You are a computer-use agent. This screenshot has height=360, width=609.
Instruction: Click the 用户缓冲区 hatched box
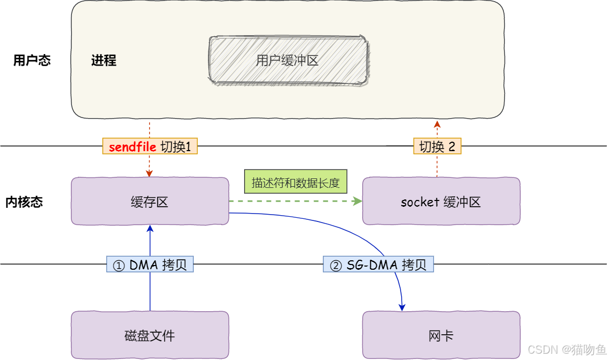(288, 60)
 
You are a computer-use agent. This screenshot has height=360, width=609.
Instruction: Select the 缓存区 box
(150, 202)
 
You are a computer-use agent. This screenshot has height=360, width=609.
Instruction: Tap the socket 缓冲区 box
(440, 202)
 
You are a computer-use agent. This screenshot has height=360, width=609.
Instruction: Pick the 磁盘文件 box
(150, 335)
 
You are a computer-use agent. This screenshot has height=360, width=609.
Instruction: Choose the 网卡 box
(440, 335)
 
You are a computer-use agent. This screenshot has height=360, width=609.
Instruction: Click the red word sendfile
(132, 147)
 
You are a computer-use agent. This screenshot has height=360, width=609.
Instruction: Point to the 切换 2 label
(437, 147)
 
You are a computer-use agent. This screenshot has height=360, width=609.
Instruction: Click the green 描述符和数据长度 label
(296, 183)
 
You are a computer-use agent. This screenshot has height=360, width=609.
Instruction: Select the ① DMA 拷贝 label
(150, 265)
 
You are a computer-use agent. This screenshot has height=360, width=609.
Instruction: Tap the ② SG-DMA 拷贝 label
(378, 265)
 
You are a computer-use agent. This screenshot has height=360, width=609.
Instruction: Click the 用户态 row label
(32, 60)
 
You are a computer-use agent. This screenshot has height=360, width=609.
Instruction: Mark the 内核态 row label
(24, 202)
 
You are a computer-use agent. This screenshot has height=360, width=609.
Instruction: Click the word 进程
(104, 60)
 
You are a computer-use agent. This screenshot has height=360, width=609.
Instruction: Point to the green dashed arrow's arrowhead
(359, 201)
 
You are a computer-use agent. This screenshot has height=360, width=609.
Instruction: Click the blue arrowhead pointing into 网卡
(403, 308)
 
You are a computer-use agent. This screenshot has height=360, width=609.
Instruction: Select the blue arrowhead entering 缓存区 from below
(150, 228)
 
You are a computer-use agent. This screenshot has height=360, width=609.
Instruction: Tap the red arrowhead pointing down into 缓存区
(150, 173)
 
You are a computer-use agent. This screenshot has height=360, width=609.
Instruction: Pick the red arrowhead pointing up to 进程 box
(437, 123)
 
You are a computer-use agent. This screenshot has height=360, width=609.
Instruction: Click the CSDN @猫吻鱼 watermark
(566, 350)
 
